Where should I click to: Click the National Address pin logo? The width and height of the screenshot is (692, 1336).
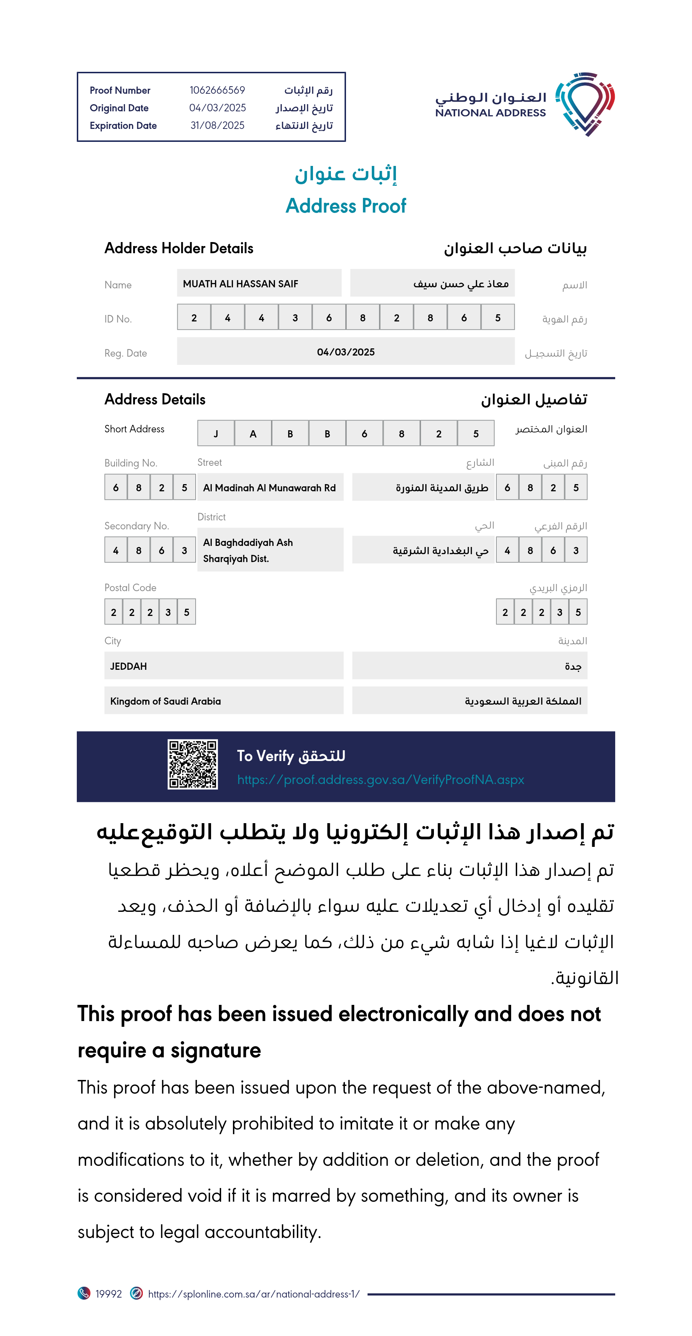click(585, 104)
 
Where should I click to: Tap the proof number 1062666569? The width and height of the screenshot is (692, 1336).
click(217, 90)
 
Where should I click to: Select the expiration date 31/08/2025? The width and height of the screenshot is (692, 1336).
click(217, 125)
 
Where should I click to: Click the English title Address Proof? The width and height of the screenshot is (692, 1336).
click(346, 206)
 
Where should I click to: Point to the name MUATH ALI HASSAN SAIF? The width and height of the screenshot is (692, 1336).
click(240, 284)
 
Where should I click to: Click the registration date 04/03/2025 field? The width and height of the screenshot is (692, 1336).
click(346, 352)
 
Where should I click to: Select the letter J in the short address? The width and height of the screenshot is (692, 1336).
click(216, 433)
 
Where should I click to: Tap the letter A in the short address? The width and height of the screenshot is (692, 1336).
click(253, 433)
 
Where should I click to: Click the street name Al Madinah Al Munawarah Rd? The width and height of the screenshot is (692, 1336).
click(270, 487)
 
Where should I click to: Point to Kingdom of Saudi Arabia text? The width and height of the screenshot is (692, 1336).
click(165, 701)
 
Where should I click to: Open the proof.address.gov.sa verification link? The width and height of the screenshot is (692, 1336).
click(380, 779)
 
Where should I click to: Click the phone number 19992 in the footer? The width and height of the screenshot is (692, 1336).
click(108, 1294)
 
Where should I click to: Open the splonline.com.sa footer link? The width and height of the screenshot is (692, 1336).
click(253, 1294)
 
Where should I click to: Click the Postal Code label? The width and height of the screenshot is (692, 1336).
click(130, 588)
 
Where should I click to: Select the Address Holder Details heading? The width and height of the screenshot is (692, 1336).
click(179, 248)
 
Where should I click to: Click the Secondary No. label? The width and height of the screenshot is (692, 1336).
click(136, 526)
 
